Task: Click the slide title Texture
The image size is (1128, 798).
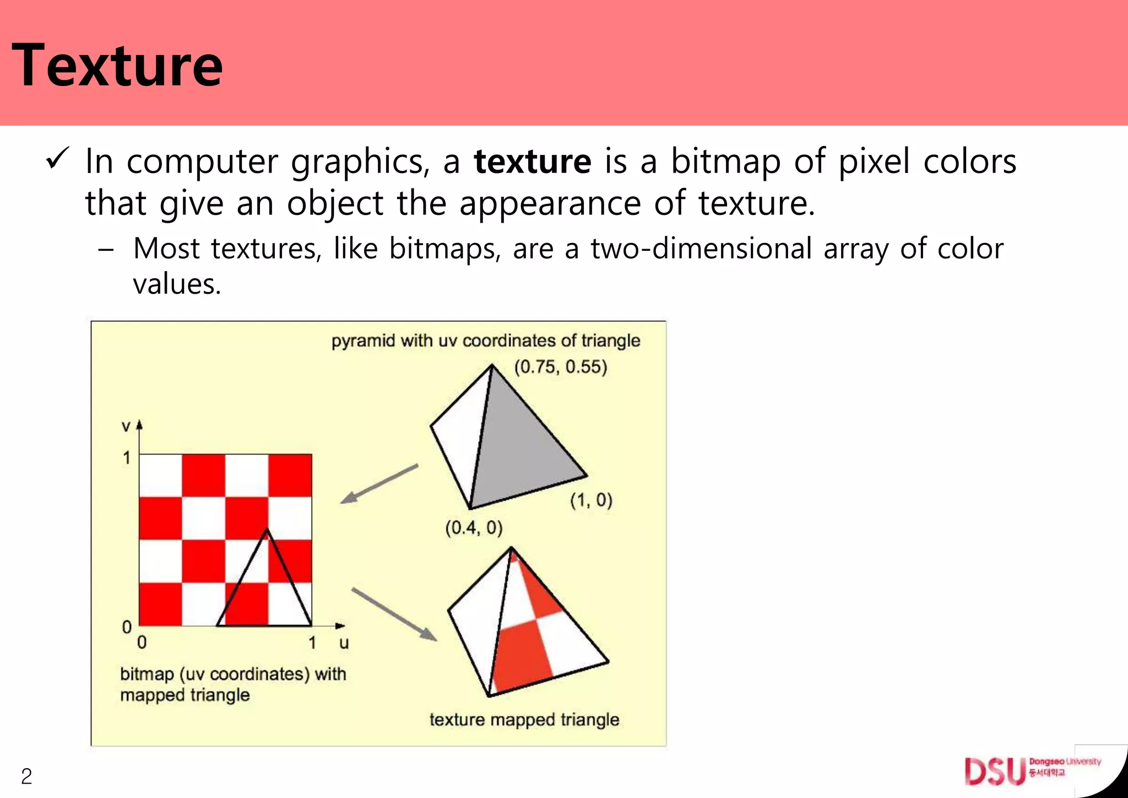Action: coord(117,66)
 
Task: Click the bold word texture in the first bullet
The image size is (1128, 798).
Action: coord(533,161)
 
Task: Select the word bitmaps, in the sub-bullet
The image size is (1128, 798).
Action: coord(445,249)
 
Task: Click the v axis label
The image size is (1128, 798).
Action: coord(126,426)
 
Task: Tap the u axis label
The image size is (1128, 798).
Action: coord(344,643)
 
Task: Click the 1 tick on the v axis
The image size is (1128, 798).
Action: coord(127,457)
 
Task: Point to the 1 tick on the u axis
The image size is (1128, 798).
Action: coord(312,643)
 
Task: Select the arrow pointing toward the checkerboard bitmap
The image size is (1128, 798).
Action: coord(378,484)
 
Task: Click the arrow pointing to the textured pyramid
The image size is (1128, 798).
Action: coord(394,614)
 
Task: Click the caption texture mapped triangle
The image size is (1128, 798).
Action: coord(524,720)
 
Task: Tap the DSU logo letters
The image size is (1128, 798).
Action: coord(995,771)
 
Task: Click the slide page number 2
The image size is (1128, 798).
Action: coord(26,777)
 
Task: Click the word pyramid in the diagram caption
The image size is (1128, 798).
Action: coord(363,341)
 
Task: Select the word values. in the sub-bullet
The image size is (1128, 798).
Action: coord(177,284)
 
